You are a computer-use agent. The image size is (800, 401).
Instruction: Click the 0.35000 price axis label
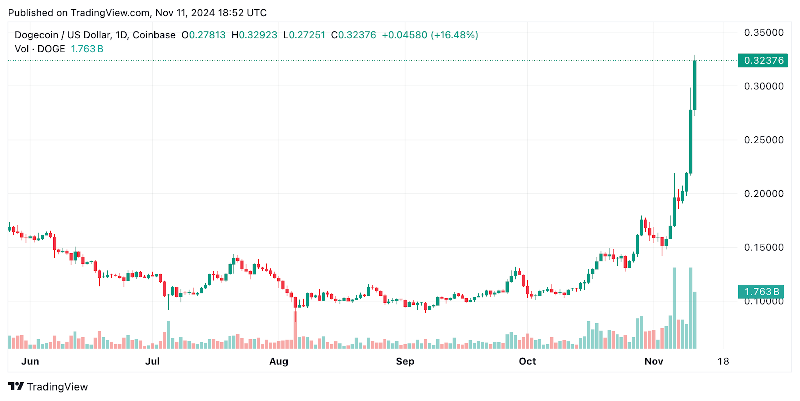pos(764,33)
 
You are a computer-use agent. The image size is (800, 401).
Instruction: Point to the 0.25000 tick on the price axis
pos(764,140)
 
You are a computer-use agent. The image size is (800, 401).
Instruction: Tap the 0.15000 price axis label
pos(764,248)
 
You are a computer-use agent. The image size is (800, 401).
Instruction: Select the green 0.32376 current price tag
pos(763,61)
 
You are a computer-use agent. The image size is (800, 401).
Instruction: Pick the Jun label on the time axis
pos(30,361)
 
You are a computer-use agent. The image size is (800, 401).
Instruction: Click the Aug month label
pos(279,361)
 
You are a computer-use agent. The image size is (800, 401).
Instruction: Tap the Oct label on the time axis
pos(527,361)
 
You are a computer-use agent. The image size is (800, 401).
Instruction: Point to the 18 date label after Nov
pos(723,361)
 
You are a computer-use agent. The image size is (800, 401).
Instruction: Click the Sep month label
pos(405,361)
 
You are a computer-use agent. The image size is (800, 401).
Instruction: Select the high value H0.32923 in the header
pos(254,35)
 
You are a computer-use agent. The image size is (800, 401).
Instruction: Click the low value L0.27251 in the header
pos(304,35)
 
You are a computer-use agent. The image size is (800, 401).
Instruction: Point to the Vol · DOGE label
pos(40,49)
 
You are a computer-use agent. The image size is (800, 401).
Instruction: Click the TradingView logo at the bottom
pos(48,387)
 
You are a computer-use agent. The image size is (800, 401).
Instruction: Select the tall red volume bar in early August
pos(295,330)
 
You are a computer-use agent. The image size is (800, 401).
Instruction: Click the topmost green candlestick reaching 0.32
pos(695,85)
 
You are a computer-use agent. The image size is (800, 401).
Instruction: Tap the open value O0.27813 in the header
pos(203,35)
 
